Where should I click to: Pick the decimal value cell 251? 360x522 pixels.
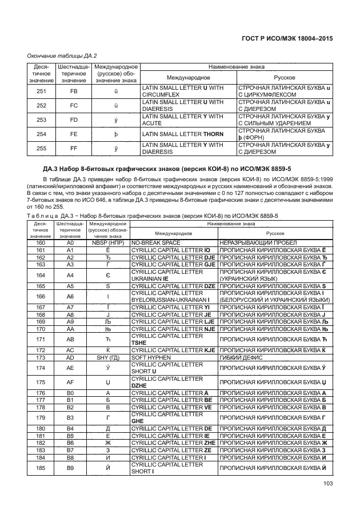42,90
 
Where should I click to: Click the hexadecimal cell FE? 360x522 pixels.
73,134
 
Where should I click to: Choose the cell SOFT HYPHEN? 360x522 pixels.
153,357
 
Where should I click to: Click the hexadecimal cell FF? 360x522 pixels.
73,149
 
